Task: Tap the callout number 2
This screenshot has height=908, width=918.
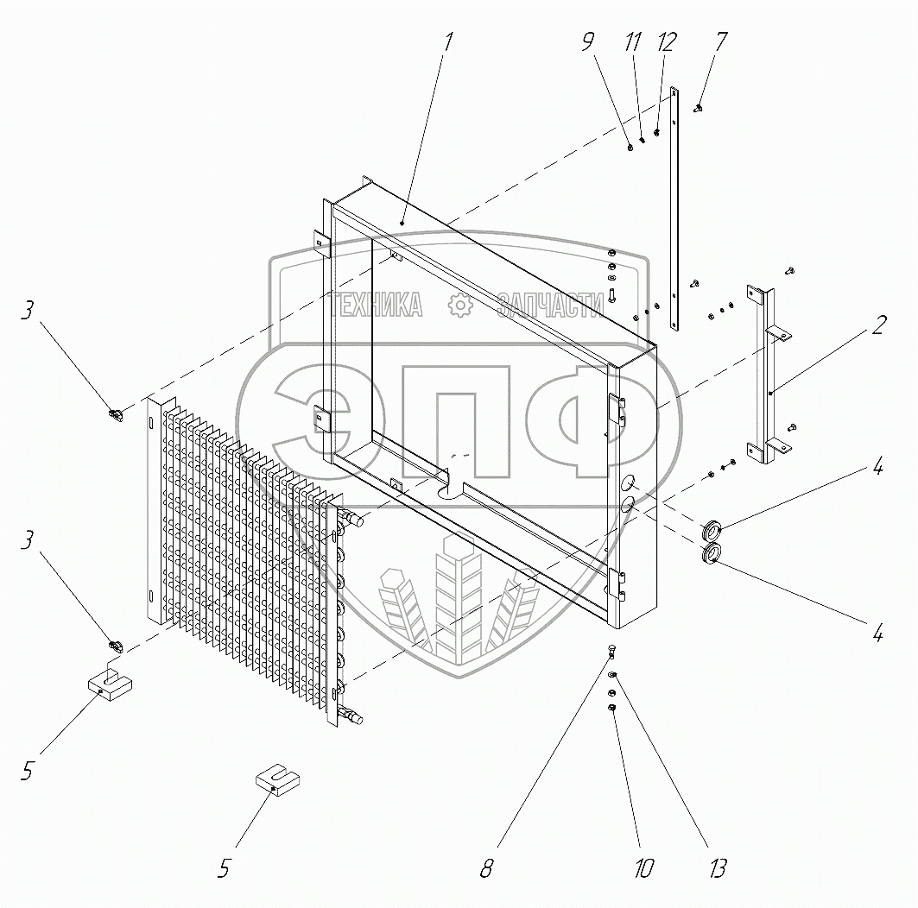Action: [877, 326]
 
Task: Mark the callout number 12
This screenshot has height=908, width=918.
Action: [667, 42]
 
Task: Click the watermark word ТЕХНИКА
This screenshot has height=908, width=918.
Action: [378, 304]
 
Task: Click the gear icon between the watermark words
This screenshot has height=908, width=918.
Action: [460, 304]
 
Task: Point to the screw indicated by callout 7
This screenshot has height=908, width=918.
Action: [698, 108]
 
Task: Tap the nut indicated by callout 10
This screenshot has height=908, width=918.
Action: [612, 708]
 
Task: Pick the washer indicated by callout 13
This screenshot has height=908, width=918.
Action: [612, 675]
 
